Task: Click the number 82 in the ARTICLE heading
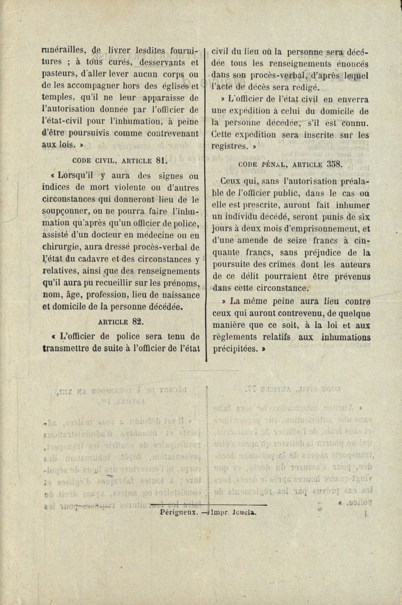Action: [138, 322]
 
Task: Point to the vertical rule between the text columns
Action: [206, 202]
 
